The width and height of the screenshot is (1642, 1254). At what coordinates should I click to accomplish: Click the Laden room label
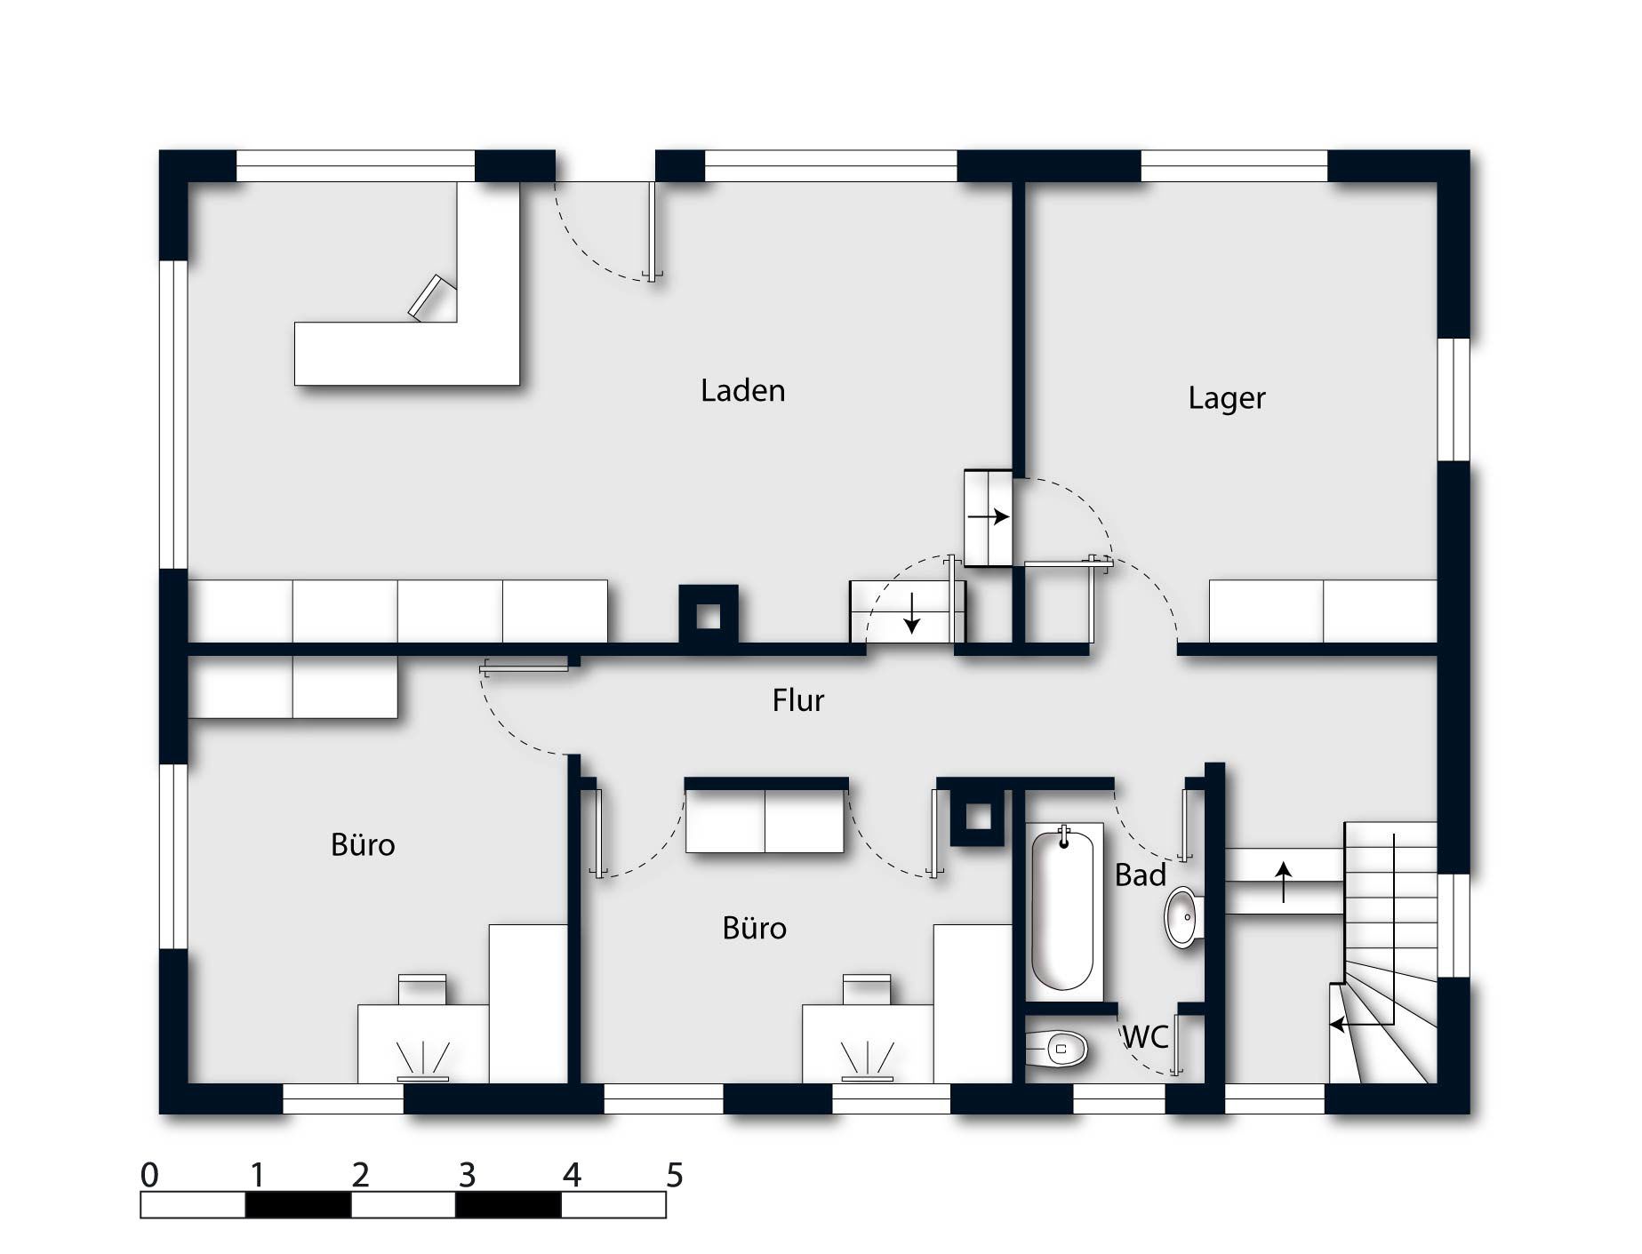[742, 390]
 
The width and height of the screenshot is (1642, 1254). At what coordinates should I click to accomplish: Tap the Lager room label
[1226, 397]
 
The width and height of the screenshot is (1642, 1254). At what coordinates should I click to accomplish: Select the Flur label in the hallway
[797, 700]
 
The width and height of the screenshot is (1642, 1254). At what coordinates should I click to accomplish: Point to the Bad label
[1140, 875]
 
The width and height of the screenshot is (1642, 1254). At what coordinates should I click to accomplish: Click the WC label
[1145, 1036]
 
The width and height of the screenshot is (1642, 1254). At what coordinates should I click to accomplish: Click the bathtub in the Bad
[1062, 908]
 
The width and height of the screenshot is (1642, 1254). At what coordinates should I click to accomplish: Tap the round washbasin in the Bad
[1183, 916]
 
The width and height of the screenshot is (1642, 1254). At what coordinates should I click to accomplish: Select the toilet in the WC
[1056, 1049]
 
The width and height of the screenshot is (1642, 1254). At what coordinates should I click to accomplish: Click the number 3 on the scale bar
[467, 1175]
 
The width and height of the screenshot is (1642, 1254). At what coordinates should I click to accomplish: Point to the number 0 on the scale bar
[149, 1175]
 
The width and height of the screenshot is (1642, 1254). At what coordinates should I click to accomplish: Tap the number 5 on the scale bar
[675, 1175]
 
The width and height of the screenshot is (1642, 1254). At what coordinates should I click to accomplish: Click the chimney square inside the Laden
[709, 614]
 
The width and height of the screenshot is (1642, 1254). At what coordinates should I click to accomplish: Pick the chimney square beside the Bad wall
[979, 817]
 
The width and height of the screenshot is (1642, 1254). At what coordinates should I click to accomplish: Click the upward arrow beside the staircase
[1284, 882]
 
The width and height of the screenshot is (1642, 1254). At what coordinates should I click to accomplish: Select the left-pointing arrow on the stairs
[1361, 1025]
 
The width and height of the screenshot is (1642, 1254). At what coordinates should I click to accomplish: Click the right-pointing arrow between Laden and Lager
[989, 516]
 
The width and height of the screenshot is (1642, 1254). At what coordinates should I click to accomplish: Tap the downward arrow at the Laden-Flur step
[911, 613]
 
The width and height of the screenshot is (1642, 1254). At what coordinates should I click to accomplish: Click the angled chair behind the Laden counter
[431, 297]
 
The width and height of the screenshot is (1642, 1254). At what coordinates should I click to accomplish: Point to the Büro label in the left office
[363, 844]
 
